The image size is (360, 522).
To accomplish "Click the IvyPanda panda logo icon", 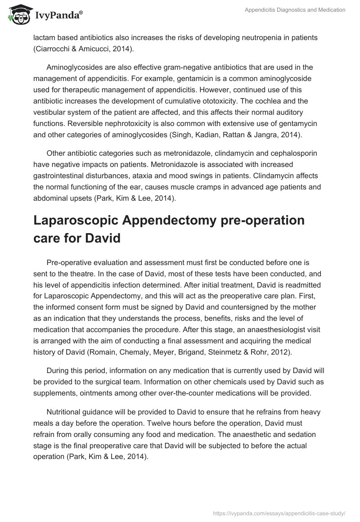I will click(x=18, y=13).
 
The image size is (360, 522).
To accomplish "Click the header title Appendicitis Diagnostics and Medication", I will click(x=295, y=10).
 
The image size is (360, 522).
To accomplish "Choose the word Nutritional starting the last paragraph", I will click(x=66, y=413).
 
